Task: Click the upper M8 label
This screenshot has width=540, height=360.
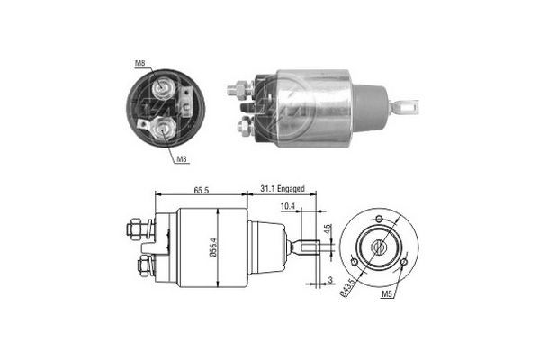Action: pos(140,63)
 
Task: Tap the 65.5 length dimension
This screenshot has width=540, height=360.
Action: pos(202,191)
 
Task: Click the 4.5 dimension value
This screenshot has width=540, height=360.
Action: pos(329,229)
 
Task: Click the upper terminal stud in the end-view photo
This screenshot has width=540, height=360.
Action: pos(164,86)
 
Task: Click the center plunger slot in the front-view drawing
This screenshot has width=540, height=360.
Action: pos(378,245)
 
